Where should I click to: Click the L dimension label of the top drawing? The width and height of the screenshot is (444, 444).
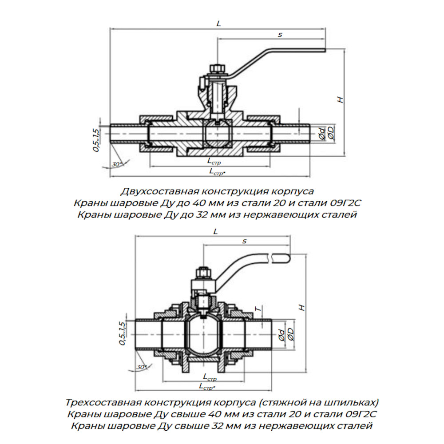(x=218, y=24)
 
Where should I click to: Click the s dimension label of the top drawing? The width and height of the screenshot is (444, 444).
(x=280, y=35)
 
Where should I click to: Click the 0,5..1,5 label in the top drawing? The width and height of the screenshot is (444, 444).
(x=96, y=140)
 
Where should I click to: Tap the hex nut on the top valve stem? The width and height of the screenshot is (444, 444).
(x=217, y=69)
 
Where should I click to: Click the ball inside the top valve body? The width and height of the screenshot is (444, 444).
(x=218, y=133)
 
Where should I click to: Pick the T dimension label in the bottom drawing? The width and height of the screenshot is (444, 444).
(x=258, y=309)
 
